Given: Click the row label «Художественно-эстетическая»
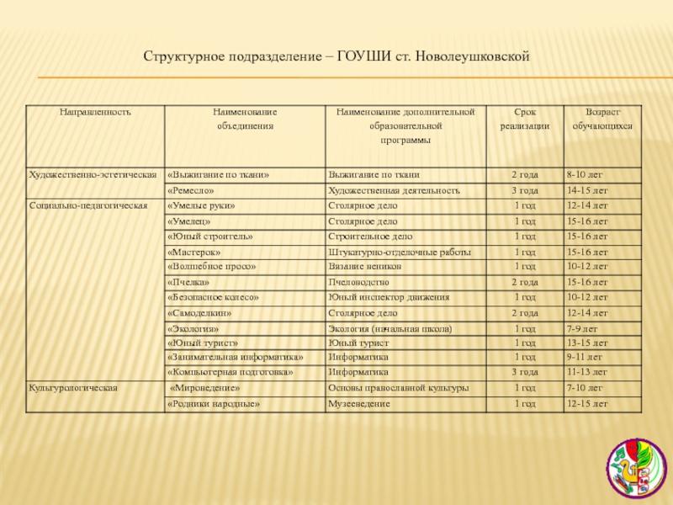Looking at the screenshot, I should click(93, 174).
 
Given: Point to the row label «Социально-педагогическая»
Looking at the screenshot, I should click(88, 205).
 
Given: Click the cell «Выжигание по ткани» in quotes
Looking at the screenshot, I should click(219, 174).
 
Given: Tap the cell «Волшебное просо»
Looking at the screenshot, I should click(211, 266).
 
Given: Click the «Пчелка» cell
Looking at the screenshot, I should click(189, 282).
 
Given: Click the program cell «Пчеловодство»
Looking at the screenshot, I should click(364, 282).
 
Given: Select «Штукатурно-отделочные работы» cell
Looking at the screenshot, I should click(400, 252).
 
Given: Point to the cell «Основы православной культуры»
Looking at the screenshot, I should click(398, 389).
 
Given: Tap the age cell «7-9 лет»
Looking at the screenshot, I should click(582, 328).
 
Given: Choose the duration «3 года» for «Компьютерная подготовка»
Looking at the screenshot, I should click(525, 370).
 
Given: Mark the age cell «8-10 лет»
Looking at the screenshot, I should click(585, 174).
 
